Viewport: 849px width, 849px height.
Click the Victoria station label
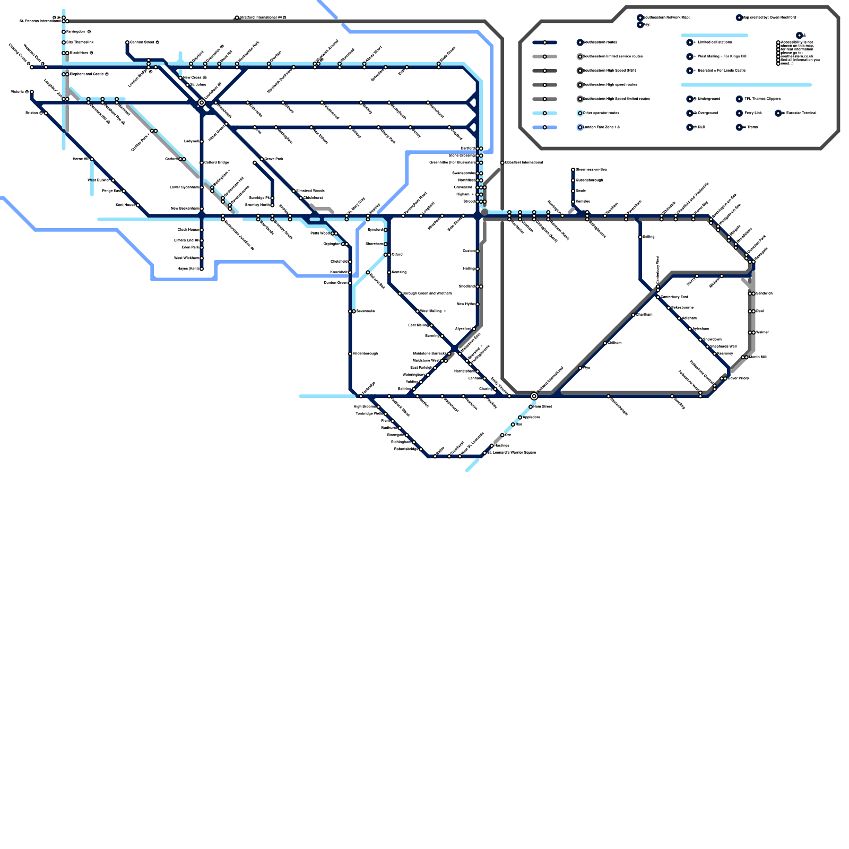[18, 92]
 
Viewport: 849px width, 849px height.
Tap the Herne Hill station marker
[92, 159]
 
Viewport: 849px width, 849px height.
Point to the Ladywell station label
[191, 142]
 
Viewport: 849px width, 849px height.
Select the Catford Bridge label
[216, 163]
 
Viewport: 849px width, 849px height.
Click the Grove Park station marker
[262, 159]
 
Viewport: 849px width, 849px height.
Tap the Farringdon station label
[75, 32]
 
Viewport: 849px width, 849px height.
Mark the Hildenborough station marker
[350, 354]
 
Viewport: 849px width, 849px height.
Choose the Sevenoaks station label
[365, 311]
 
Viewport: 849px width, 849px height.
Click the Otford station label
[397, 255]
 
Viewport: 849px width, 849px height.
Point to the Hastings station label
[501, 446]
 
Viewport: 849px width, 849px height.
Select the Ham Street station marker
[531, 407]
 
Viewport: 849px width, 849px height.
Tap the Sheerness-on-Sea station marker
[573, 170]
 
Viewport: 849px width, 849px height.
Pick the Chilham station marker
[605, 343]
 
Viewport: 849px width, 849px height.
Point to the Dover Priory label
[738, 378]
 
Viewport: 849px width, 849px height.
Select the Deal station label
[760, 311]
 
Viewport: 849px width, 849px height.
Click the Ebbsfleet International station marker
[502, 163]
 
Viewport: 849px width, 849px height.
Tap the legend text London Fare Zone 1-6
[601, 127]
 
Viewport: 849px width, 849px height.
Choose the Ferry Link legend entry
[752, 113]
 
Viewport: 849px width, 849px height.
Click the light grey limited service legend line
[544, 57]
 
